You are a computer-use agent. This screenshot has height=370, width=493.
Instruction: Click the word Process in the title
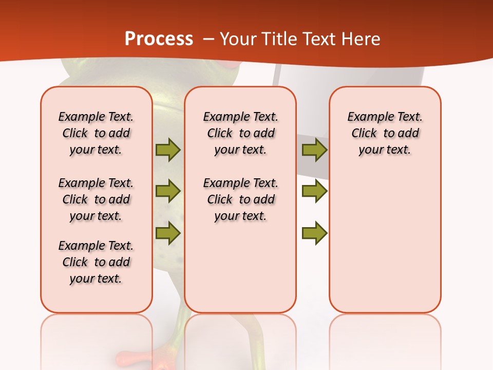[x=159, y=39]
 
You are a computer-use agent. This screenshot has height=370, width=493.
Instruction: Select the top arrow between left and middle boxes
[x=168, y=150]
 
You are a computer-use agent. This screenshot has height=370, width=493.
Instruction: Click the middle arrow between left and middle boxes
[x=168, y=191]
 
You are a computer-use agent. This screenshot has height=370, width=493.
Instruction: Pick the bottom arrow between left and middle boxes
[x=168, y=233]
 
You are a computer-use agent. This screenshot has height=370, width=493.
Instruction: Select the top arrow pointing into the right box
[x=314, y=150]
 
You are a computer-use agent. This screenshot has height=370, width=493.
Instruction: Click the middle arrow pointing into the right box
[x=314, y=191]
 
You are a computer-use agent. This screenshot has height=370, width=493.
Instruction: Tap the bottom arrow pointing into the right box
[x=314, y=233]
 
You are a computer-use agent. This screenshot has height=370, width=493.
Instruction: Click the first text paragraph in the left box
[x=96, y=133]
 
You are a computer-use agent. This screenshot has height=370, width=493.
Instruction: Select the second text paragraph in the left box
[x=96, y=199]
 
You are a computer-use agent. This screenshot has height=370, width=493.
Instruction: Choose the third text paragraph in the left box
[x=96, y=262]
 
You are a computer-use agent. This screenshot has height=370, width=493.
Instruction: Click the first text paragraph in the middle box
[x=241, y=133]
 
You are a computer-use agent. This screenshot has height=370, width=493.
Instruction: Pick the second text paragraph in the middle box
[x=241, y=199]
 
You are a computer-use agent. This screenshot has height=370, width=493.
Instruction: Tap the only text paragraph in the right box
[x=385, y=133]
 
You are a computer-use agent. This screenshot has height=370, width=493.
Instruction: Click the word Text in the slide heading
[x=316, y=39]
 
